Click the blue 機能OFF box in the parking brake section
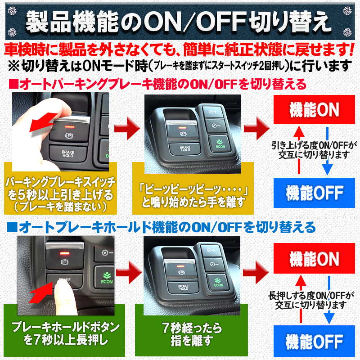click(313, 192)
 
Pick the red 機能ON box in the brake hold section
click(313, 259)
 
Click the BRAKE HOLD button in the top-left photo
click(67, 153)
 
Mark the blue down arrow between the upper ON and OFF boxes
click(327, 151)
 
